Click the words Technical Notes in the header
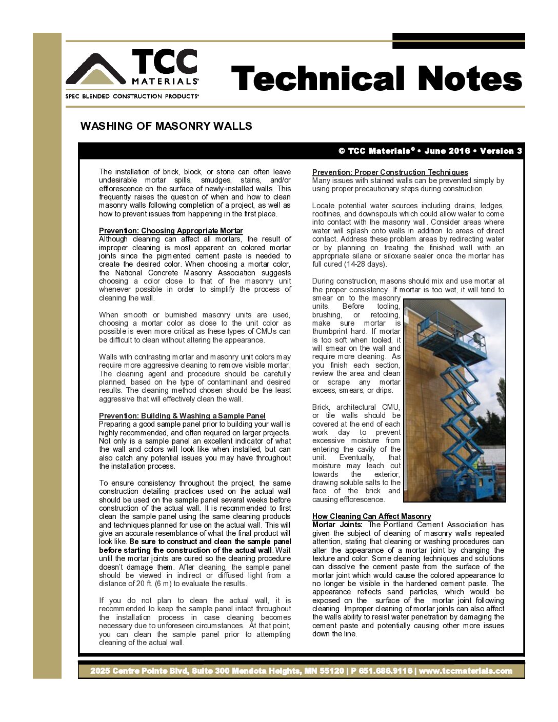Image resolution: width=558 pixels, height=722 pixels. coord(376,79)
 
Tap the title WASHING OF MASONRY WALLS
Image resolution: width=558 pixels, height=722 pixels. coord(166,126)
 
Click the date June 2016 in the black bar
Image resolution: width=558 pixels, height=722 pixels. coord(447,151)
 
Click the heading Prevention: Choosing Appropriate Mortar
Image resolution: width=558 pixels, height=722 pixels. coord(171,231)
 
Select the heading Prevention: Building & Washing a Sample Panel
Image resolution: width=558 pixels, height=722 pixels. coord(182,416)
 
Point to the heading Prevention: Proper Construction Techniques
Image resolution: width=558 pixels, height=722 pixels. coord(390,172)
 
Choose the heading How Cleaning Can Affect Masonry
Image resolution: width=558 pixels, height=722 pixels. coord(371,516)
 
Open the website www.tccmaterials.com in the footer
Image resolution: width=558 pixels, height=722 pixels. coord(465,671)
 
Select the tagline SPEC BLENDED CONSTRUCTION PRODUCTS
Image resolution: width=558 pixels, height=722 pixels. coord(132,96)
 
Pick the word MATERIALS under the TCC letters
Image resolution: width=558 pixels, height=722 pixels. coord(165,81)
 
